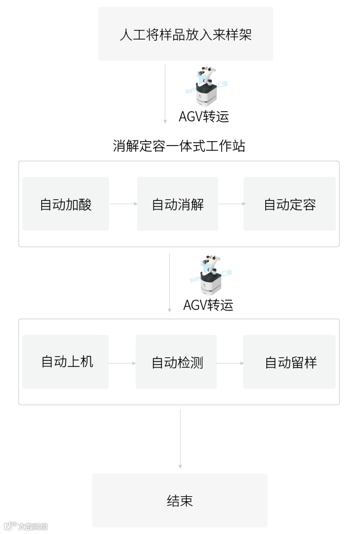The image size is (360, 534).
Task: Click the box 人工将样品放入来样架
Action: pos(186,34)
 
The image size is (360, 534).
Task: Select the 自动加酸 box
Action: pos(65,204)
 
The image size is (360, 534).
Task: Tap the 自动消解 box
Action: pos(177,204)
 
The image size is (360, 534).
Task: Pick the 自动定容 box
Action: pos(289,204)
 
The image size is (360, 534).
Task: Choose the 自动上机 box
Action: pos(65,362)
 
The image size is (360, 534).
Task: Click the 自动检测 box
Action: pos(176,362)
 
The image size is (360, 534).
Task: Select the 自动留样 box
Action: pos(289,362)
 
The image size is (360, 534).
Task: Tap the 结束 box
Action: pos(179,500)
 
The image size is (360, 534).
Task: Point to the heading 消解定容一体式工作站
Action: pos(179,146)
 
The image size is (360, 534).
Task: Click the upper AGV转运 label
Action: pos(204,116)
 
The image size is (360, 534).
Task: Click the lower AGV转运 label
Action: pos(208,305)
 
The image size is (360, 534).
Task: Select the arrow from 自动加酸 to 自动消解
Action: pos(123,204)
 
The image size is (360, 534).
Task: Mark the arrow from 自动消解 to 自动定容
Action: pos(231,204)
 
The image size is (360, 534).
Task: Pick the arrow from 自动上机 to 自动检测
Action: pos(122,363)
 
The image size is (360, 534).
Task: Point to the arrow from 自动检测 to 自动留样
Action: pos(230,363)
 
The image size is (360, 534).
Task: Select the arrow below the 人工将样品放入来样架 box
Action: pos(165,93)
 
